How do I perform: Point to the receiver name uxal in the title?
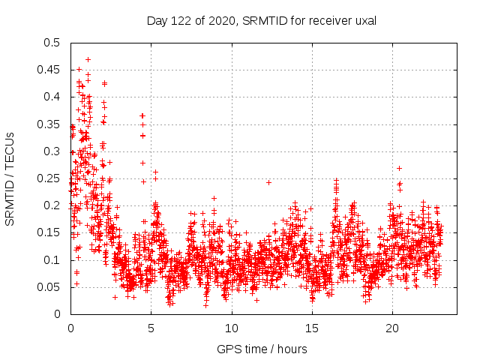coord(364,21)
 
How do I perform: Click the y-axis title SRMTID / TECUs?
coord(10,178)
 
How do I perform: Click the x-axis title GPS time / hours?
coord(262,349)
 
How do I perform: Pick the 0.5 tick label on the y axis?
coord(51,43)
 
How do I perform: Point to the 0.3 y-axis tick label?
coord(51,151)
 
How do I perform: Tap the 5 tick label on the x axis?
coord(151,328)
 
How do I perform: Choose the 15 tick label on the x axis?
coord(312,328)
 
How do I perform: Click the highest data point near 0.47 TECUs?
coord(88,59)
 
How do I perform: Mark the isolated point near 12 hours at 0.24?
coord(268,182)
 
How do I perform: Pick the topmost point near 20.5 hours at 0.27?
coord(400,168)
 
